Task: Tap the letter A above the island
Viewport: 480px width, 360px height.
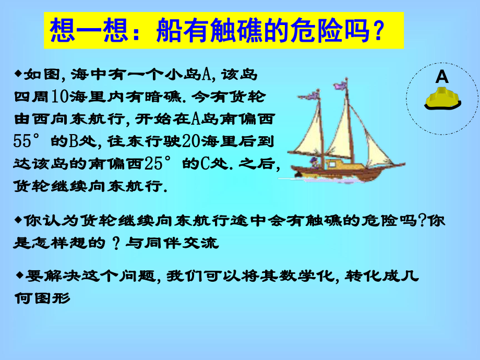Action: point(442,77)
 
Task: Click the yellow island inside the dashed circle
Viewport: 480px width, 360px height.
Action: point(442,98)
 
